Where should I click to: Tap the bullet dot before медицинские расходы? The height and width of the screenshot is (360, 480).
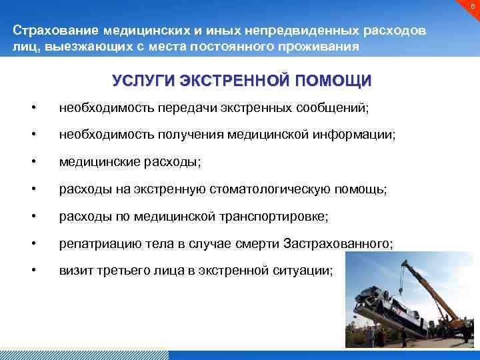33,162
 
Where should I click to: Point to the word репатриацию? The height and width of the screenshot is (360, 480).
92,245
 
